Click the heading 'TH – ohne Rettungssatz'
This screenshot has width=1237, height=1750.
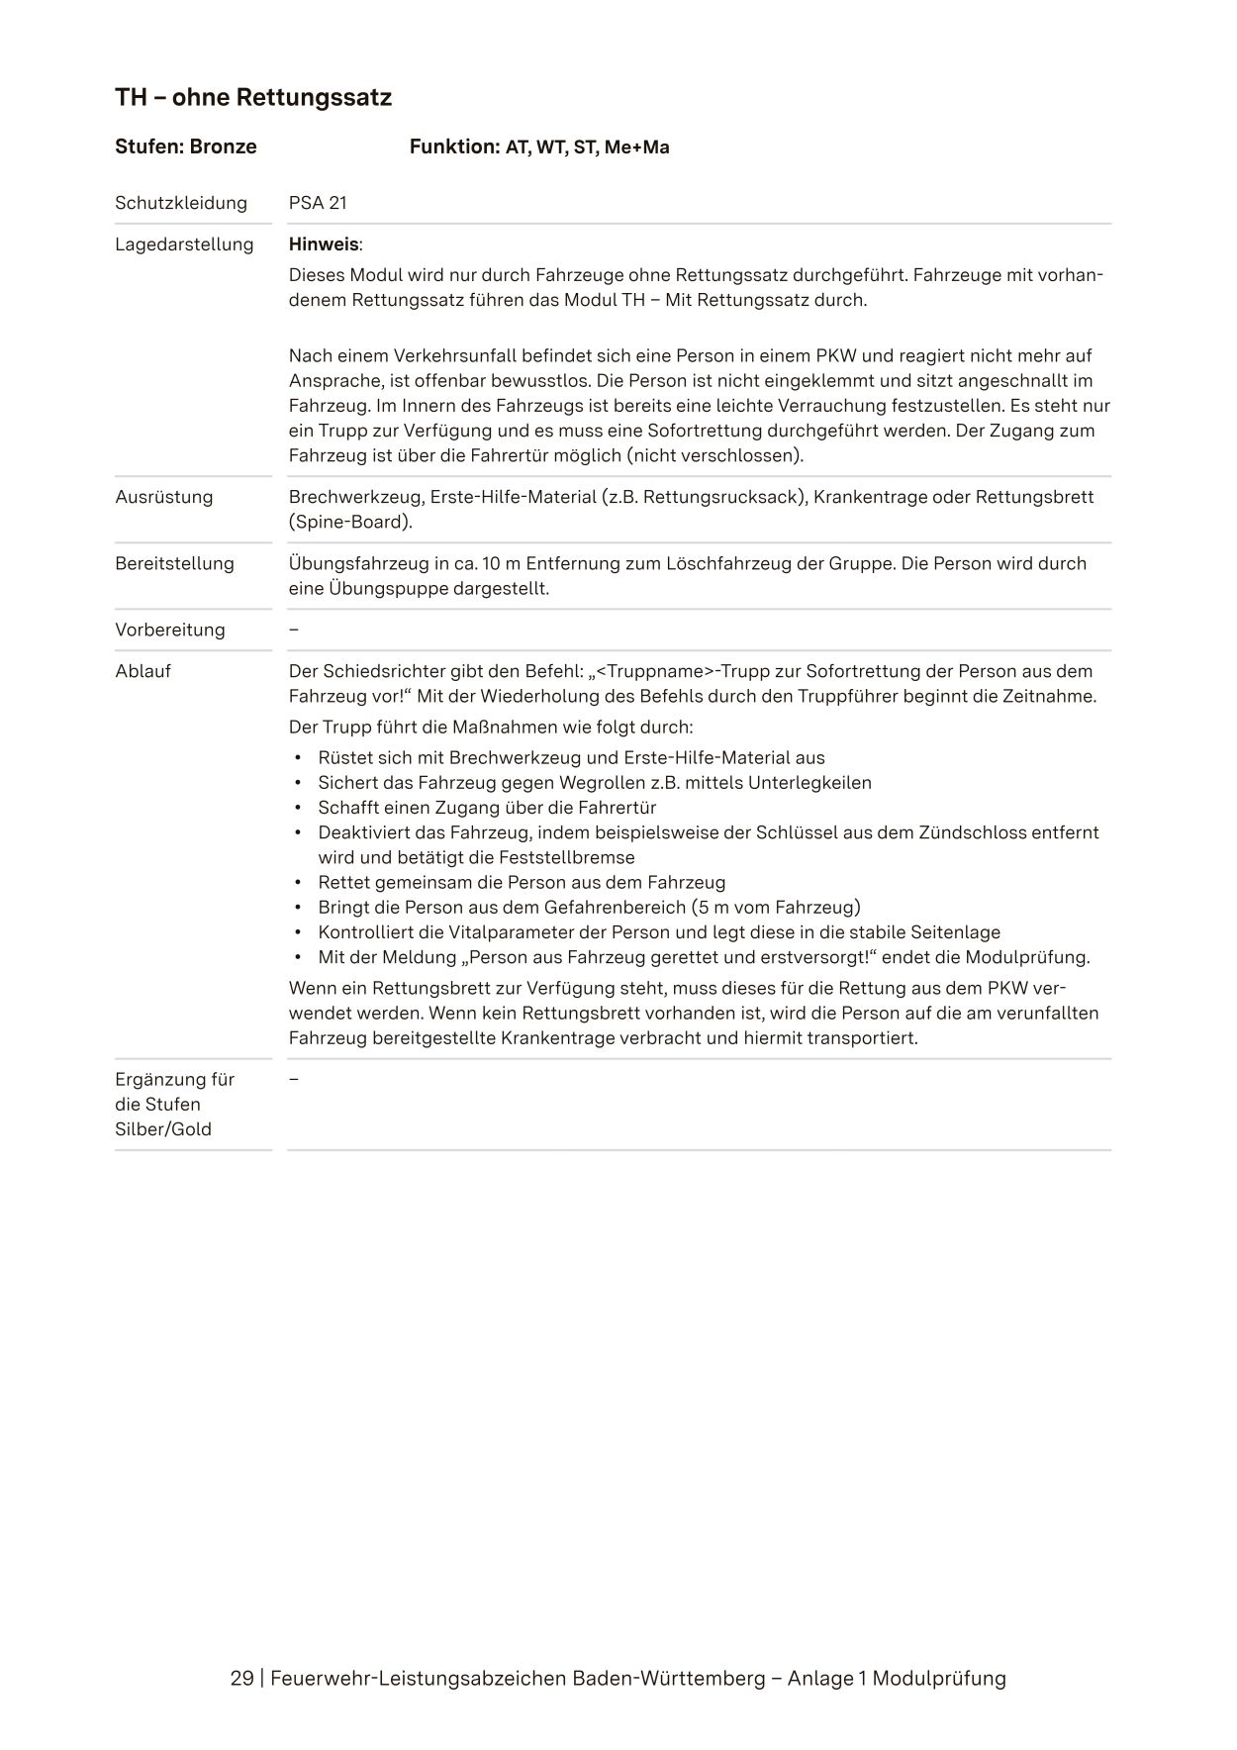(253, 98)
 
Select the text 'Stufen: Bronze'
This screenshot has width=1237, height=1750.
(186, 147)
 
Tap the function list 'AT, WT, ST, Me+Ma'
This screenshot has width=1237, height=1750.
(587, 148)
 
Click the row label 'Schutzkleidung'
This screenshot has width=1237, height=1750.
(181, 204)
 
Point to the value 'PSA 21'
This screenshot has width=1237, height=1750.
(318, 204)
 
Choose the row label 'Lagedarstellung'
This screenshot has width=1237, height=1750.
(184, 244)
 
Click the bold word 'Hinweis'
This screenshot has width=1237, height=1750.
(324, 244)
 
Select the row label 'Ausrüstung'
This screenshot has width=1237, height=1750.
(164, 497)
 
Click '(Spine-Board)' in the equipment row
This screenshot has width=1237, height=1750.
(350, 523)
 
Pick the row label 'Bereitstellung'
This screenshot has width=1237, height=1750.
(175, 564)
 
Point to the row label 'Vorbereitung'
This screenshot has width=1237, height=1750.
(170, 631)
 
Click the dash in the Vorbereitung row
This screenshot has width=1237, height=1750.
(294, 631)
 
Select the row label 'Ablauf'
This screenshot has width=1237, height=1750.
(143, 672)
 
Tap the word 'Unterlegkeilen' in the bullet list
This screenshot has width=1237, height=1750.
(809, 783)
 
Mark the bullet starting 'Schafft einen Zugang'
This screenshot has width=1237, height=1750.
(487, 808)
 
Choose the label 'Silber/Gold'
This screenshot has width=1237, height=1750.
(163, 1130)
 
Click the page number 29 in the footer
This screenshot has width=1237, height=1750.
(241, 1679)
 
